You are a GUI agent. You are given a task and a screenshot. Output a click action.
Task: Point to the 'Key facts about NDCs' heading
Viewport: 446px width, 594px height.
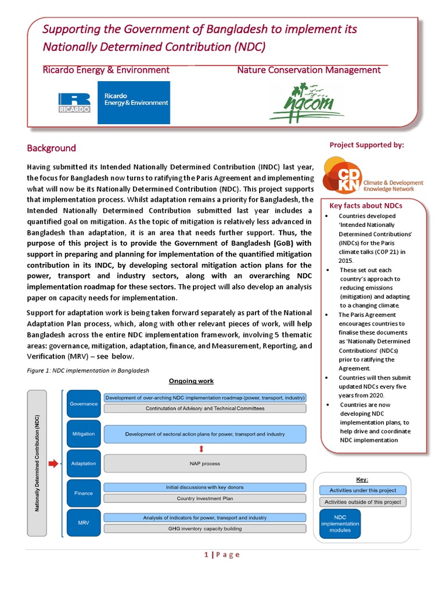pyautogui.click(x=366, y=205)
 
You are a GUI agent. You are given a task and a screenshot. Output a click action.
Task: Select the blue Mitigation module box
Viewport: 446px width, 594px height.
pyautogui.click(x=84, y=433)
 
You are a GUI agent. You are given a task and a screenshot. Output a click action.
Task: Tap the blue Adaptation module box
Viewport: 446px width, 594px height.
pyautogui.click(x=84, y=463)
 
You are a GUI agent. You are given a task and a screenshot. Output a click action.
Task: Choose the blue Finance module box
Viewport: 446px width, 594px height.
pyautogui.click(x=84, y=493)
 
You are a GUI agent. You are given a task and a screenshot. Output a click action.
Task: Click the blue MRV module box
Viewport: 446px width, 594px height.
pyautogui.click(x=84, y=523)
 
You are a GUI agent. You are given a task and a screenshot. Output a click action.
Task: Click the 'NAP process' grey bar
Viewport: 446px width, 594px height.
pyautogui.click(x=204, y=463)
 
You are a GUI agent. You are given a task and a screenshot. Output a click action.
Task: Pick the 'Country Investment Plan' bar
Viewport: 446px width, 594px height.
pyautogui.click(x=204, y=498)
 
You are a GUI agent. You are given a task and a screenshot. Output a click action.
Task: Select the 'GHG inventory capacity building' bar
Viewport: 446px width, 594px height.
pyautogui.click(x=204, y=528)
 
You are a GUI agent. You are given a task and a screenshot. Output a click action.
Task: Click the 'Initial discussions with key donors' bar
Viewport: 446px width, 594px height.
pyautogui.click(x=204, y=488)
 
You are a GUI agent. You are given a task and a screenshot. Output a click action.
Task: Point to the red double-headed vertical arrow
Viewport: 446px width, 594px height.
pyautogui.click(x=202, y=448)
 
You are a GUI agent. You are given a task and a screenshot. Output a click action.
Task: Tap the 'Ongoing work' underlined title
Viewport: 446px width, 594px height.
pyautogui.click(x=191, y=381)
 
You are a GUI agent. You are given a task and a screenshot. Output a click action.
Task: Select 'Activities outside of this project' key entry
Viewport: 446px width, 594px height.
pyautogui.click(x=362, y=502)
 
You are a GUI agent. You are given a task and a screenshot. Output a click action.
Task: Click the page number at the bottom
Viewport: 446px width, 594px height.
pyautogui.click(x=222, y=555)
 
